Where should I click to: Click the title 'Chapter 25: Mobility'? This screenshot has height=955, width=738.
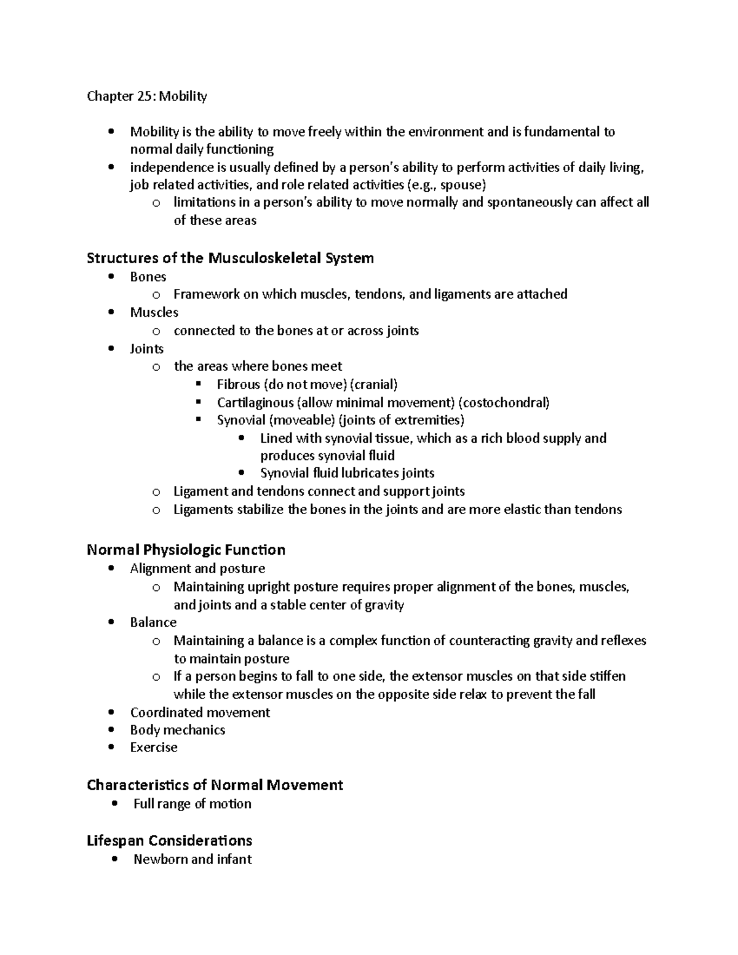click(x=146, y=96)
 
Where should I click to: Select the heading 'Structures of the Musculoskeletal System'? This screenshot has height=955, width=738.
click(x=230, y=258)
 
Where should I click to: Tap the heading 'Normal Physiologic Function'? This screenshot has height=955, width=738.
click(x=186, y=549)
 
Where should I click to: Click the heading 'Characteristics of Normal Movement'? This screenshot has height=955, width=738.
click(x=215, y=785)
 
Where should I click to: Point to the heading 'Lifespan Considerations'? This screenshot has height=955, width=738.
click(x=169, y=840)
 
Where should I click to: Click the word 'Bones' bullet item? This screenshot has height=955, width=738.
click(x=148, y=277)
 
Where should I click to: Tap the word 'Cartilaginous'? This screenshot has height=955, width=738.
click(x=255, y=403)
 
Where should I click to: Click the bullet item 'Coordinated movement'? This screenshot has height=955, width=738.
click(x=200, y=712)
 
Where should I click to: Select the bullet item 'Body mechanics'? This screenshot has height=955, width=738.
click(x=177, y=730)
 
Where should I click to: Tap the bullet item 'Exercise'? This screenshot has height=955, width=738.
click(x=154, y=747)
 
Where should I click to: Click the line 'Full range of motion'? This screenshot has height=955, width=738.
click(x=192, y=804)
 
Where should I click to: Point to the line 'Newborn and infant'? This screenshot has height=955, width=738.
click(x=192, y=859)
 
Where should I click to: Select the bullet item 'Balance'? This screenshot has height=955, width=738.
click(x=153, y=622)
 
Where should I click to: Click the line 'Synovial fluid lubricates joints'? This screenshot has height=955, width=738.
click(x=347, y=473)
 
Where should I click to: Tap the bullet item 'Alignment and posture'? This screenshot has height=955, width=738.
click(x=197, y=568)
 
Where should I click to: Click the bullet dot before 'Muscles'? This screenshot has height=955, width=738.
click(x=111, y=312)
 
